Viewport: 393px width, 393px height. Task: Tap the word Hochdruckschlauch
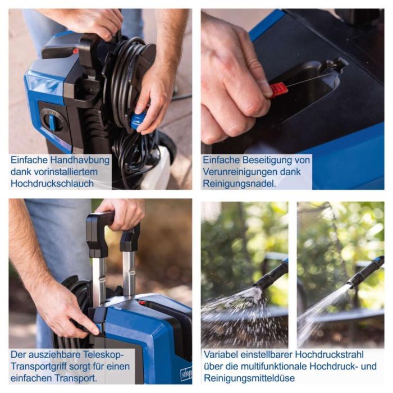(52, 184)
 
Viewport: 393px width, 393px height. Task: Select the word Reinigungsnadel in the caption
(239, 184)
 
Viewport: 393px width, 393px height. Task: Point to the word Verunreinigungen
(239, 172)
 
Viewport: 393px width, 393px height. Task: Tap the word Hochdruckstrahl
(329, 355)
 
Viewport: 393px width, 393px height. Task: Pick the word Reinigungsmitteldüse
(249, 378)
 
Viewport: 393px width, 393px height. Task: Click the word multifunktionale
(273, 367)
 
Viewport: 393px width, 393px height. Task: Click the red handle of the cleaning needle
(278, 89)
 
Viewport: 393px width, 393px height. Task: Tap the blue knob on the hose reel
(138, 121)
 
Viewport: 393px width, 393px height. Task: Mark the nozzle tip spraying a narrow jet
(349, 285)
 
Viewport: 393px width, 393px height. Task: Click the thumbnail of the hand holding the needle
(293, 99)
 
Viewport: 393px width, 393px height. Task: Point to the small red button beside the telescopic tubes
(143, 303)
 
